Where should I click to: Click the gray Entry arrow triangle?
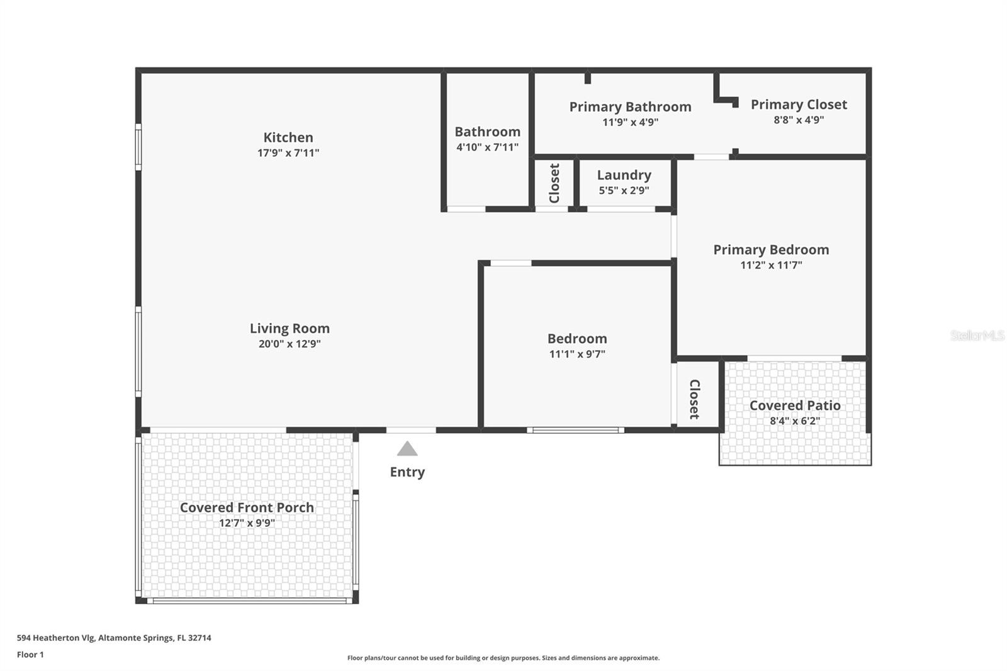407,448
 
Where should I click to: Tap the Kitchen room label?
288,137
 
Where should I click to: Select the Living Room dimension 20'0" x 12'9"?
290,344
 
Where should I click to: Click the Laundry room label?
624,175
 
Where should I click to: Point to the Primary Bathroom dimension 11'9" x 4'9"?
630,122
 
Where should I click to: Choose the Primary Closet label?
799,104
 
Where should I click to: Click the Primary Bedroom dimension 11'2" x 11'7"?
771,265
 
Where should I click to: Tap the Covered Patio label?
795,405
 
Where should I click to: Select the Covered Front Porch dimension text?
247,522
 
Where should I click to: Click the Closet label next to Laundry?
554,183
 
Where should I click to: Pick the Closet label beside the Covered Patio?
695,399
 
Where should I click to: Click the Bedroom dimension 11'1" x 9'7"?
577,354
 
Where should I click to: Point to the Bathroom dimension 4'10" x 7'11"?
487,147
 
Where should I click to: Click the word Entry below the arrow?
407,472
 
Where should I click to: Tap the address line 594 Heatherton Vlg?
114,638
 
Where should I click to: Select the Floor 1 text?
31,655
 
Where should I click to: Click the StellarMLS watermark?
977,335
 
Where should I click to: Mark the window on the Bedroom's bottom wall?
575,431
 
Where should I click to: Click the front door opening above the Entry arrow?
411,431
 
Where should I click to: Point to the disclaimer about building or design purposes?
503,658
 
